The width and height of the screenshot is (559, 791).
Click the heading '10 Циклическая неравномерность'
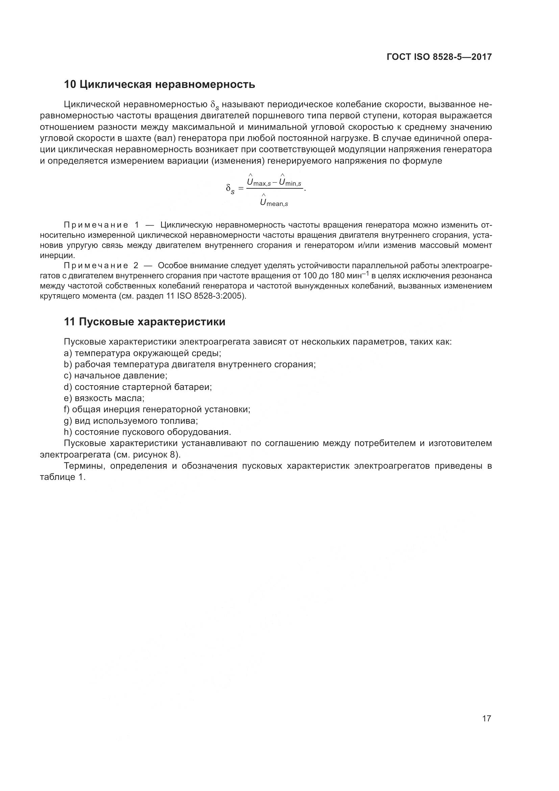(160, 85)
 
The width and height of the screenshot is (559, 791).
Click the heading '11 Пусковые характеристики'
(145, 322)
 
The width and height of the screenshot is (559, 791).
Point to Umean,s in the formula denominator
(274, 202)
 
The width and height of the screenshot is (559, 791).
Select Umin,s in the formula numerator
(290, 182)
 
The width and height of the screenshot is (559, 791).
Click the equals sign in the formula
(241, 188)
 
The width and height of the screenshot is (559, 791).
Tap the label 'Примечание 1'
(101, 225)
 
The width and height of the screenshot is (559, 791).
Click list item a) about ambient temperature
(142, 353)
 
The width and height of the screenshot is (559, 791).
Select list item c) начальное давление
(115, 375)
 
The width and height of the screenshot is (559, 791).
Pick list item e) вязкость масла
(104, 398)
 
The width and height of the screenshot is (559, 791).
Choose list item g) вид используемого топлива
(131, 421)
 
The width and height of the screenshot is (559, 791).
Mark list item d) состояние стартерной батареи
(138, 387)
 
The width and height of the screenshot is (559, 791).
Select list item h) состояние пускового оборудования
(147, 432)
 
